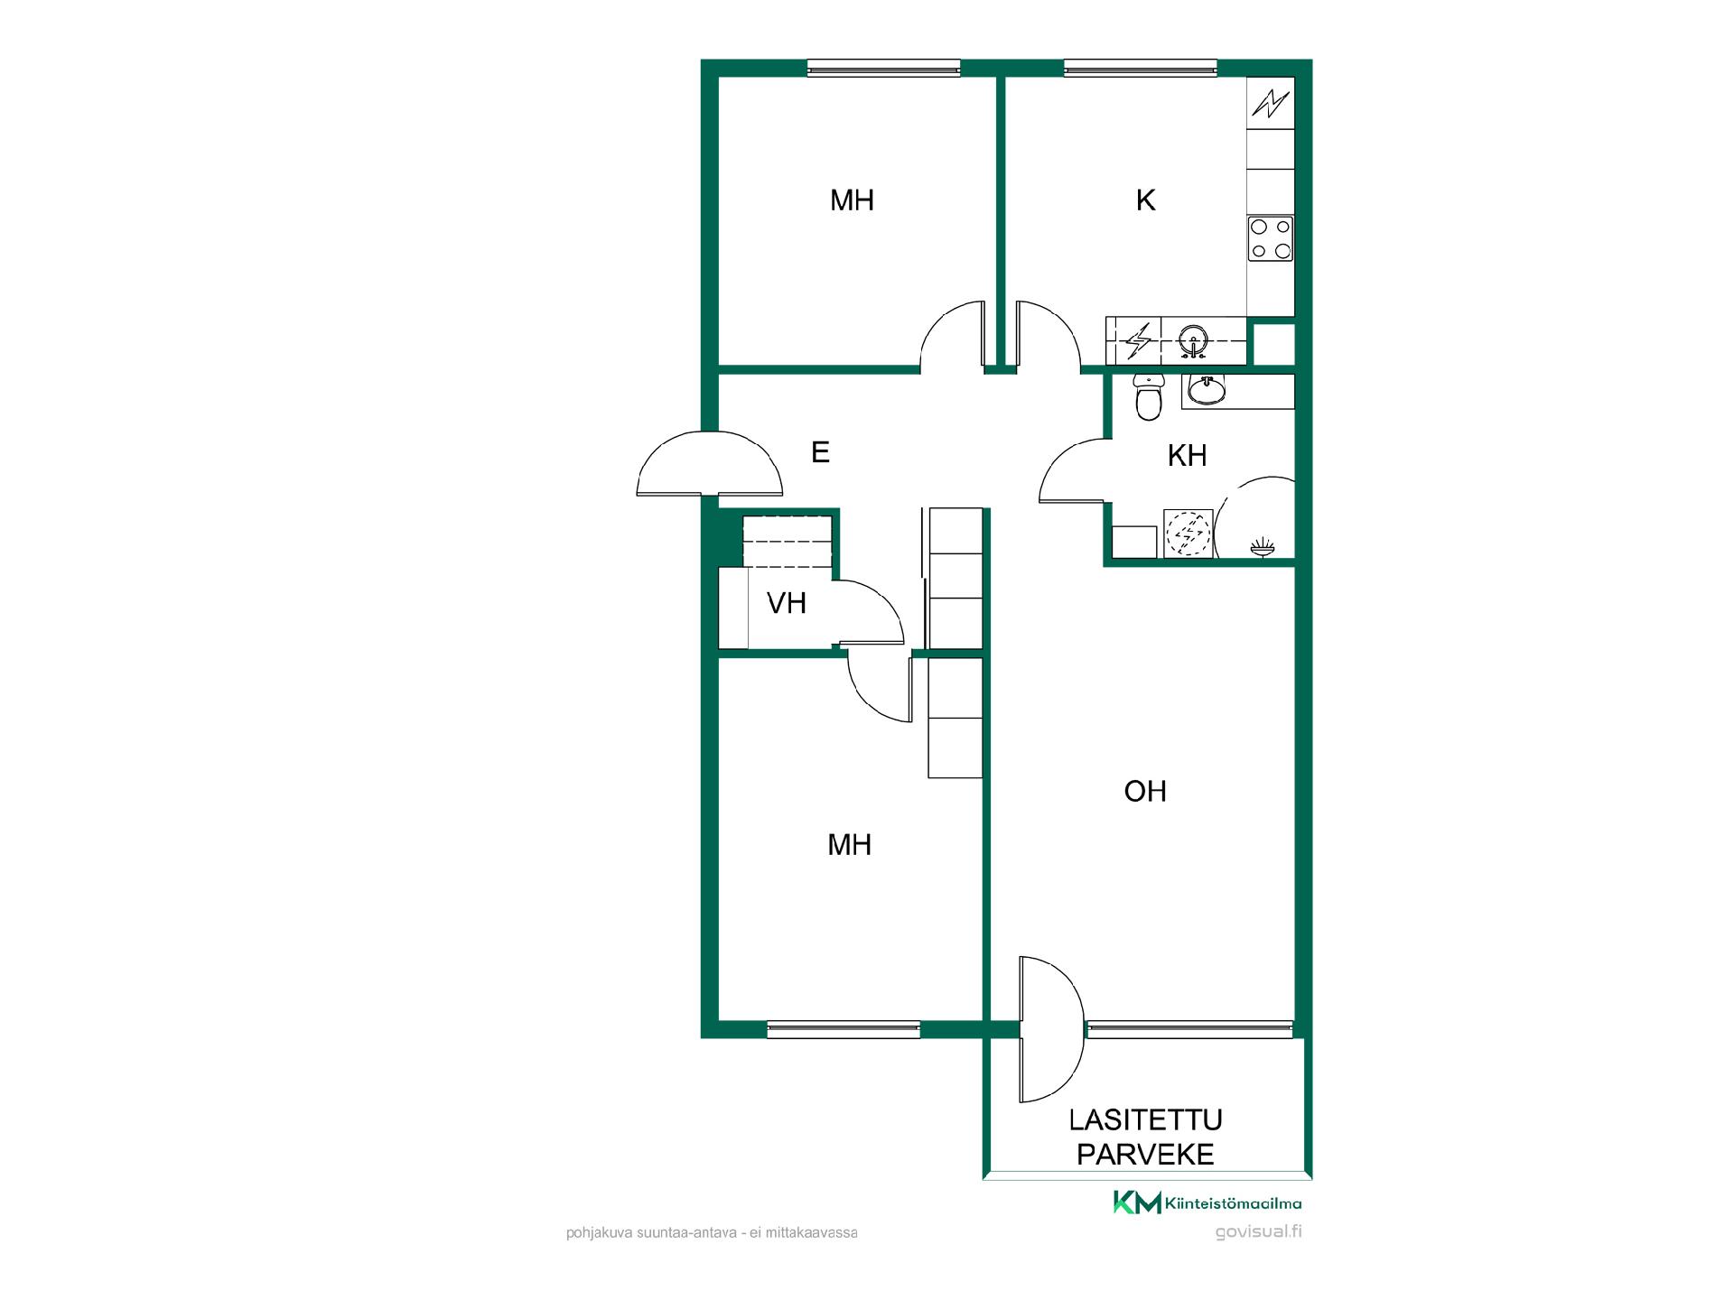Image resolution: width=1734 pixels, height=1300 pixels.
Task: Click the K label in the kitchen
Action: point(1145,200)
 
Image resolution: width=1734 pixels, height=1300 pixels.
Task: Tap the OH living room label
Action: point(1145,791)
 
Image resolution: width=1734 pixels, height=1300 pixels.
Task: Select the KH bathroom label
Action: point(1187,456)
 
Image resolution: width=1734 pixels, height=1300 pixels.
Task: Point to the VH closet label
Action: point(787,603)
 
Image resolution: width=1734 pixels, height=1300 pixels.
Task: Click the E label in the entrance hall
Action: point(820,452)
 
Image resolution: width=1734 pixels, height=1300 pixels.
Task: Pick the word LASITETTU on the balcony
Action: point(1145,1120)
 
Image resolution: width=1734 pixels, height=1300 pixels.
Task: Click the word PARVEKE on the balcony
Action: point(1145,1155)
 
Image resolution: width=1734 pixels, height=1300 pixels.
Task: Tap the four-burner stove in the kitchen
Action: point(1271,238)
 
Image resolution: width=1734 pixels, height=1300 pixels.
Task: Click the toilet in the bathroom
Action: point(1148,397)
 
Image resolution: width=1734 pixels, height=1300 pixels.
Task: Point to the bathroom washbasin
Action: point(1206,390)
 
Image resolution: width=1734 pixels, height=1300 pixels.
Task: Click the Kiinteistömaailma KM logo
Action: point(1207,1202)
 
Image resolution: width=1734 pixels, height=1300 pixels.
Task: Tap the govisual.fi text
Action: point(1258,1232)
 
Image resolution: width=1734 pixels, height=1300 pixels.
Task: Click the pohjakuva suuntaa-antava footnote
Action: point(712,1232)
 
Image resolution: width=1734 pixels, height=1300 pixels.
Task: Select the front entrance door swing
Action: point(709,463)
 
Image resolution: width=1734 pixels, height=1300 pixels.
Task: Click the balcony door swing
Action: point(1051,1029)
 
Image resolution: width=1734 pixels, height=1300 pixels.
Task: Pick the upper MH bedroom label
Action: point(852,200)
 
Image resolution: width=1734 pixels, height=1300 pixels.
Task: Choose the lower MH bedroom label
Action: point(850,845)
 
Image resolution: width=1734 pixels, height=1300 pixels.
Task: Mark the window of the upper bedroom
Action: point(883,68)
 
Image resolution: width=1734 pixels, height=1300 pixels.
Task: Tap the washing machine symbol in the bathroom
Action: point(1188,534)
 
